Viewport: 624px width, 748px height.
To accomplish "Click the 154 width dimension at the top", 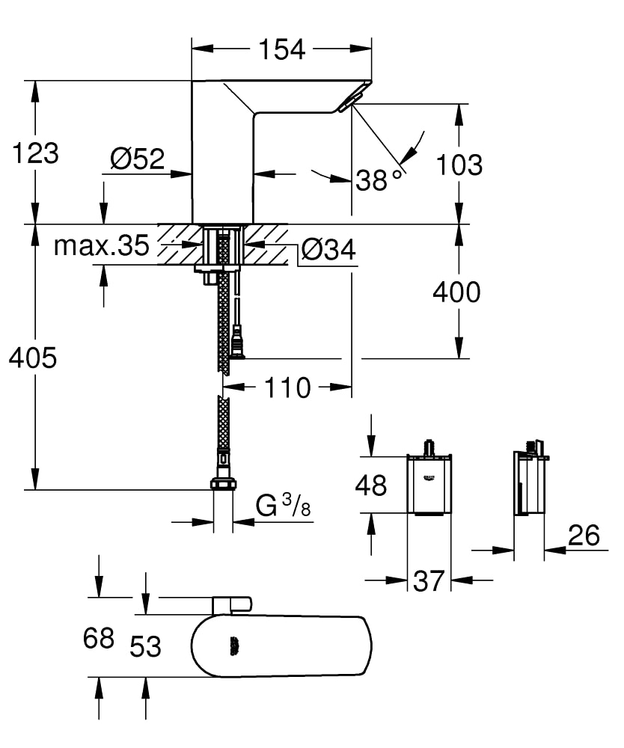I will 281,49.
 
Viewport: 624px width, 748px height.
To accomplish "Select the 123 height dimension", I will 35,153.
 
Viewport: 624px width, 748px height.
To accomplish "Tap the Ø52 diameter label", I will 137,159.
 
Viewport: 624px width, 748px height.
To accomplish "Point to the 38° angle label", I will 379,180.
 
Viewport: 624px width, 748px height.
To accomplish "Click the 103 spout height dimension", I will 459,165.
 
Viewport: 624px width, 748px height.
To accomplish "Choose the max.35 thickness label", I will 102,246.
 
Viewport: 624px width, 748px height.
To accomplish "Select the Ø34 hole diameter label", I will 328,250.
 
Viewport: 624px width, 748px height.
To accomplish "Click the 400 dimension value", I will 457,292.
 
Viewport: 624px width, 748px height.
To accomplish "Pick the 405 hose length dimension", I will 33,358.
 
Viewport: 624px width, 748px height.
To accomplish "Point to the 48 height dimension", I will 370,485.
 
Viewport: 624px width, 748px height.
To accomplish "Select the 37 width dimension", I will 429,580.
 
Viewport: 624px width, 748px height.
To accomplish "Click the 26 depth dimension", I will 584,535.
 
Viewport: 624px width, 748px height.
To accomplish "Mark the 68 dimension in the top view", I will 98,638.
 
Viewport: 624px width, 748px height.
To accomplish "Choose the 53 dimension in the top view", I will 145,646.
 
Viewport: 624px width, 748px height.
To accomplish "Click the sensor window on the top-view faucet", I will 234,646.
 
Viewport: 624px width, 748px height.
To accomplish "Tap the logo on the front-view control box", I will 429,476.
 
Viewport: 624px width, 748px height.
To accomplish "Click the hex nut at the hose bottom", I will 222,484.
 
